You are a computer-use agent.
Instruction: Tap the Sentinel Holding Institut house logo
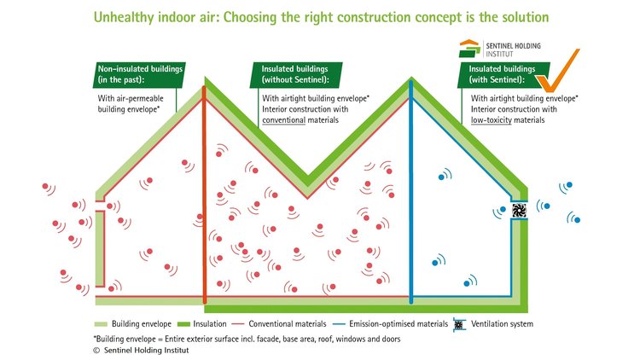469,49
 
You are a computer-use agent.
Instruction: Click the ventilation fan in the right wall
519,210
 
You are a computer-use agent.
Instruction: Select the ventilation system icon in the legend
459,324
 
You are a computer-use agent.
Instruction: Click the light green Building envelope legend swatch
101,324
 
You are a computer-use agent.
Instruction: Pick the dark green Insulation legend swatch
183,324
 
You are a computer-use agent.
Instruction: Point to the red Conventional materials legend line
237,324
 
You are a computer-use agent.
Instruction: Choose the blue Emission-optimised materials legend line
339,324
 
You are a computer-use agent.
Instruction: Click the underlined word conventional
283,120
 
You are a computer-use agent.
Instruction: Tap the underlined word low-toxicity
492,120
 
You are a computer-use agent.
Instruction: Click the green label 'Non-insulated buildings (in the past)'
140,75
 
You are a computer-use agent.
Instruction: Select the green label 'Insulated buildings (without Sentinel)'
296,75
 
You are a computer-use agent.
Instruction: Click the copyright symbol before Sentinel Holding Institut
96,351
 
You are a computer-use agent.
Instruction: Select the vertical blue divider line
411,192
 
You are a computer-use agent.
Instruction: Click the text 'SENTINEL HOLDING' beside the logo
513,46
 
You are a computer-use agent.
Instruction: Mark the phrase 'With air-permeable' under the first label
131,98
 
